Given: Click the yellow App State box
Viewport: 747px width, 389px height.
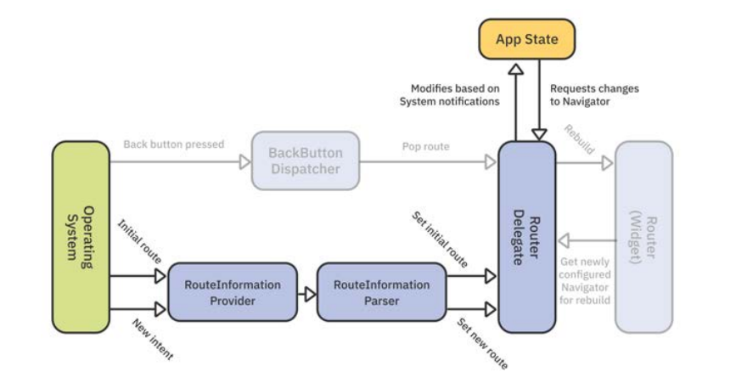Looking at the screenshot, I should pyautogui.click(x=527, y=39).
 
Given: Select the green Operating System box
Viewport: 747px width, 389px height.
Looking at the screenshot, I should pyautogui.click(x=81, y=237).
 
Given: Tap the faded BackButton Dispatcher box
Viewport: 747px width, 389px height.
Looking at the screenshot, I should pyautogui.click(x=305, y=161).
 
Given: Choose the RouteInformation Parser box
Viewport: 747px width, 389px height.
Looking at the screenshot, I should pyautogui.click(x=381, y=291).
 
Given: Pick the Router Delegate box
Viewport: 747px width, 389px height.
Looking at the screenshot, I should pyautogui.click(x=525, y=237).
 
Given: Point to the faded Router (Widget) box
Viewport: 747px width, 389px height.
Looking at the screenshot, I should pyautogui.click(x=643, y=237).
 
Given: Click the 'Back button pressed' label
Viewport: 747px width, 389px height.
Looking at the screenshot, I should pyautogui.click(x=173, y=144).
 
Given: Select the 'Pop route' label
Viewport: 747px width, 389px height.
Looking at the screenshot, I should pyautogui.click(x=426, y=146).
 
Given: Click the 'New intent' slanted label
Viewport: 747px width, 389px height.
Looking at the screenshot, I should pyautogui.click(x=154, y=341).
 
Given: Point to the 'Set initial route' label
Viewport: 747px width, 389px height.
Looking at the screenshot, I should pyautogui.click(x=440, y=240).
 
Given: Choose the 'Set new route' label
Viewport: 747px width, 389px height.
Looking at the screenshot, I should pyautogui.click(x=482, y=344).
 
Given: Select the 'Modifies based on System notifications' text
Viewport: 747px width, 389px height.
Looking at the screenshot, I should pyautogui.click(x=449, y=95).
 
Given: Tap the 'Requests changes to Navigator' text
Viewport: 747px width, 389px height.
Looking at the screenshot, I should pyautogui.click(x=593, y=95).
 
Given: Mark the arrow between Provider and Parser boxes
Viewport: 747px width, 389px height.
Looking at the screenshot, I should pyautogui.click(x=310, y=294).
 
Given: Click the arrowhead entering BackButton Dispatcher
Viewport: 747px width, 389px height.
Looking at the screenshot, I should pyautogui.click(x=244, y=161).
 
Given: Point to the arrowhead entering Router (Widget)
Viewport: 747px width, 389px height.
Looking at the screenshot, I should pyautogui.click(x=607, y=163).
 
